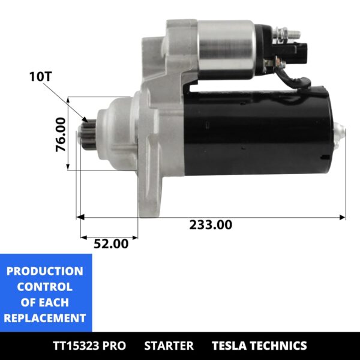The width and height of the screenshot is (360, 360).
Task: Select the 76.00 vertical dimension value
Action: point(61,134)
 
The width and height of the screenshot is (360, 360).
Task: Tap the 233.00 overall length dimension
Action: point(211,225)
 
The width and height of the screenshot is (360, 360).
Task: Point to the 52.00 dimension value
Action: point(111,244)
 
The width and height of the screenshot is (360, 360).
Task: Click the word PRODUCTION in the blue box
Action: point(45,271)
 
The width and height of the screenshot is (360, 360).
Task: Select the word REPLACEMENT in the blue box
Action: point(45,318)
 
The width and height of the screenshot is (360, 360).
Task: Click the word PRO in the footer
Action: point(114,346)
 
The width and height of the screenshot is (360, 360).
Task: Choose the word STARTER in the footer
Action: point(169,346)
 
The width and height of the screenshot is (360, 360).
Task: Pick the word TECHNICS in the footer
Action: point(280,346)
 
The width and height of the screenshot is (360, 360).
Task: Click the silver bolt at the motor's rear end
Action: point(339,131)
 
